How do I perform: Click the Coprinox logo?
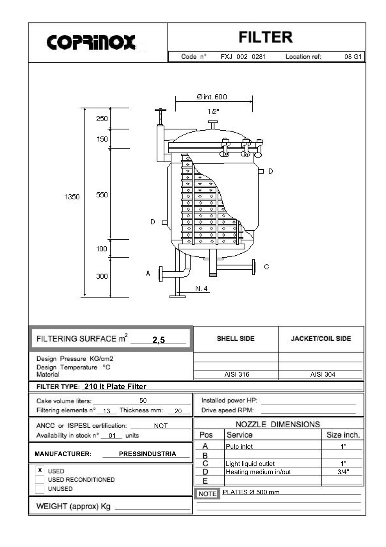pyautogui.click(x=91, y=42)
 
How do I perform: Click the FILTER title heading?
pyautogui.click(x=265, y=37)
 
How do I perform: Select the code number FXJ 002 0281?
pyautogui.click(x=243, y=57)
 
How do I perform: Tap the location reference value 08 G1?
pyautogui.click(x=353, y=57)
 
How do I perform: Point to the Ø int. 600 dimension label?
pyautogui.click(x=212, y=97)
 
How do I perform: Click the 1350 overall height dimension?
pyautogui.click(x=72, y=197)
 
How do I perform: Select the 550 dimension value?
pyautogui.click(x=102, y=195)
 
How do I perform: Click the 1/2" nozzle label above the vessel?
pyautogui.click(x=213, y=112)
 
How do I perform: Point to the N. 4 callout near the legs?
pyautogui.click(x=201, y=289)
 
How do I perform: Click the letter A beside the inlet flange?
pyautogui.click(x=148, y=273)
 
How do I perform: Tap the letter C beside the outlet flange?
pyautogui.click(x=266, y=267)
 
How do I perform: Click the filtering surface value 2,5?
pyautogui.click(x=159, y=340)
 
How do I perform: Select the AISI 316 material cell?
pyautogui.click(x=237, y=374)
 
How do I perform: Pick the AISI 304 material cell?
pyautogui.click(x=323, y=374)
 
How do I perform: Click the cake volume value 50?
pyautogui.click(x=143, y=400)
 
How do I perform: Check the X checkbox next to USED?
pyautogui.click(x=40, y=470)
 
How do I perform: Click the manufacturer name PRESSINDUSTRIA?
pyautogui.click(x=147, y=454)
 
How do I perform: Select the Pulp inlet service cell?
pyautogui.click(x=239, y=447)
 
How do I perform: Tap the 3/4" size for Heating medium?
pyautogui.click(x=343, y=472)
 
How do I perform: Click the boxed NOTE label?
pyautogui.click(x=207, y=494)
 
